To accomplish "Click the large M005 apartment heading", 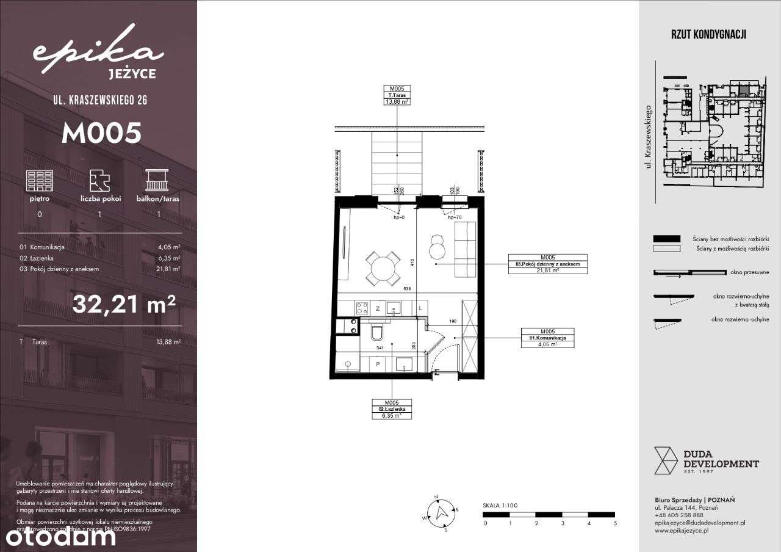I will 101,133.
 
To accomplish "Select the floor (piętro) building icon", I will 39,181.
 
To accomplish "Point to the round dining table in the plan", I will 382,269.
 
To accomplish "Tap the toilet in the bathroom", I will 376,332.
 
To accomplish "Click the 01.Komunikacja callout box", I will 548,337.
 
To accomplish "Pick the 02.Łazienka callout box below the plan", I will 392,409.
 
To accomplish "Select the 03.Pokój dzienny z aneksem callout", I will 547,264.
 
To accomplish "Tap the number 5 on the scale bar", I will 615,523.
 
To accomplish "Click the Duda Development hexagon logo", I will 666,460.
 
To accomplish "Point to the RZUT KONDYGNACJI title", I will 708,35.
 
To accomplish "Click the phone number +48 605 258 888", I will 678,515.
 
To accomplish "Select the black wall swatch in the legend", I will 666,238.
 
